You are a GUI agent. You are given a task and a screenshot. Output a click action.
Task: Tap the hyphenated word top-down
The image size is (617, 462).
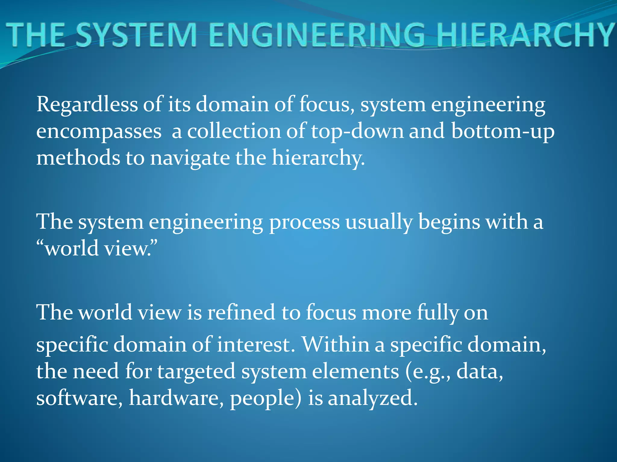pyautogui.click(x=357, y=131)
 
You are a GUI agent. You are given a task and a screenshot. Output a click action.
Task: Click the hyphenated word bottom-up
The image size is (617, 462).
pyautogui.click(x=503, y=131)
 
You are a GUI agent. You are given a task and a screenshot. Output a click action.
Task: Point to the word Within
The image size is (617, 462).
pyautogui.click(x=336, y=344)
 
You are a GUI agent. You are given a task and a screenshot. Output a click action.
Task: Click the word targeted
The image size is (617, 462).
pyautogui.click(x=196, y=371)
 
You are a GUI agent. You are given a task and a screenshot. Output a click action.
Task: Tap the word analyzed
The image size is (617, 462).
pyautogui.click(x=373, y=398)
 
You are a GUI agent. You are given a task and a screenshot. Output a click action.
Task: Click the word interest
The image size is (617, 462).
pyautogui.click(x=256, y=344)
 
